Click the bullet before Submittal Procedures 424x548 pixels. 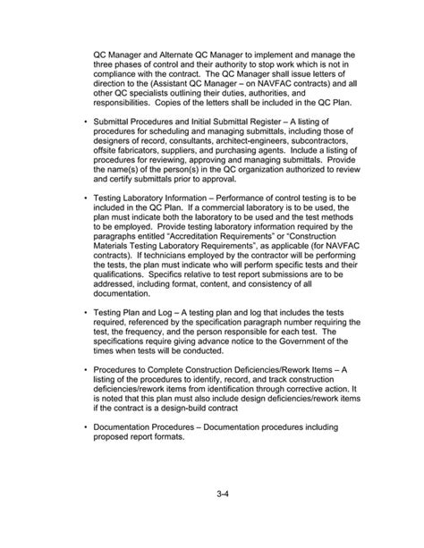84,120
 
